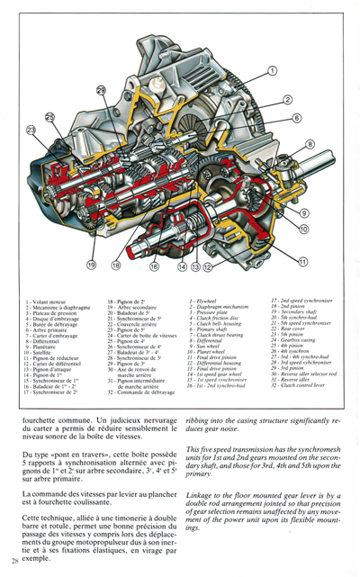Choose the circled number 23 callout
point(33,131)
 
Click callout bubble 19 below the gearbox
point(92,266)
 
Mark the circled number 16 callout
point(154,267)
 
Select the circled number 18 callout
point(116,266)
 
